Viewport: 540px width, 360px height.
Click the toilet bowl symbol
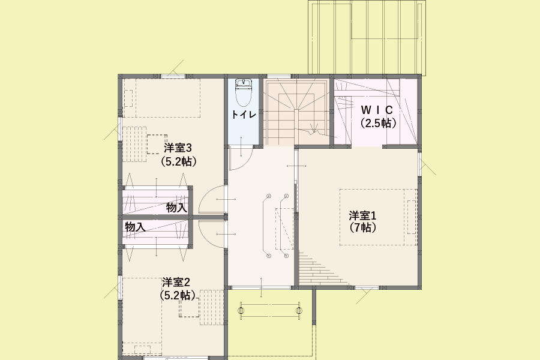coord(244,97)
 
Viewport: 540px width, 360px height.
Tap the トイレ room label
coord(244,114)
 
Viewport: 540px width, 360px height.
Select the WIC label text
coord(376,110)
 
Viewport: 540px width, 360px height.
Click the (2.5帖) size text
coord(377,123)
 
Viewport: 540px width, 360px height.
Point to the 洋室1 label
coord(362,215)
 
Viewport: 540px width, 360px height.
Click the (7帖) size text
coord(362,227)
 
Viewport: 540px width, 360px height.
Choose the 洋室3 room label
coord(178,148)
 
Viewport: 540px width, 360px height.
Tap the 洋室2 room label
coord(176,282)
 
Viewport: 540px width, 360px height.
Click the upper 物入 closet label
coord(176,208)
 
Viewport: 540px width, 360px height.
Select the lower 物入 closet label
coord(135,227)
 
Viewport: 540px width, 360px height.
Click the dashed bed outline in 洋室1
coord(378,217)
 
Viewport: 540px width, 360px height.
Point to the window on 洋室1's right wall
coord(420,163)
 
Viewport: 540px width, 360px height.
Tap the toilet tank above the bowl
coord(244,83)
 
